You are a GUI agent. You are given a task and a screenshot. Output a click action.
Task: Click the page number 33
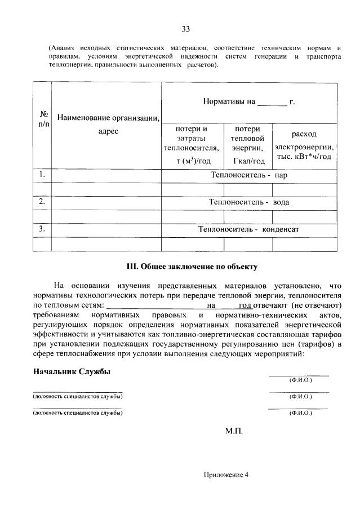(185, 29)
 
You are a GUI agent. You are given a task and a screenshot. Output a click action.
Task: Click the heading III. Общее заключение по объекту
(186, 267)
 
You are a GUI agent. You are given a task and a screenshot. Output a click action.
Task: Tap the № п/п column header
(42, 118)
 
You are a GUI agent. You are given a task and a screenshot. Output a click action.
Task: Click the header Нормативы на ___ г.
(249, 102)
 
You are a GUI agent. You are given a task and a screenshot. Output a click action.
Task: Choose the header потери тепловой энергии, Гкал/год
(248, 145)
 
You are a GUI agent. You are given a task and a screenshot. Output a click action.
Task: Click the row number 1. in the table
(42, 175)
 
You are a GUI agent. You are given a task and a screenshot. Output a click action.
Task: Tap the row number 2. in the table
(42, 202)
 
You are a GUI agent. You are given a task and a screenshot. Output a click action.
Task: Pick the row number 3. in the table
(42, 229)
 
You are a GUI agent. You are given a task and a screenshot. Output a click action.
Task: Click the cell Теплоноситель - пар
(249, 175)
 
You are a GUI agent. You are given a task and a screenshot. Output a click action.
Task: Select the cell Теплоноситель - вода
(249, 202)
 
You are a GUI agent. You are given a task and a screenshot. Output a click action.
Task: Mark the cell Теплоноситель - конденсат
(249, 229)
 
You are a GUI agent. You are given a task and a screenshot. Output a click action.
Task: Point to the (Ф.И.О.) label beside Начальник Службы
(300, 380)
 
